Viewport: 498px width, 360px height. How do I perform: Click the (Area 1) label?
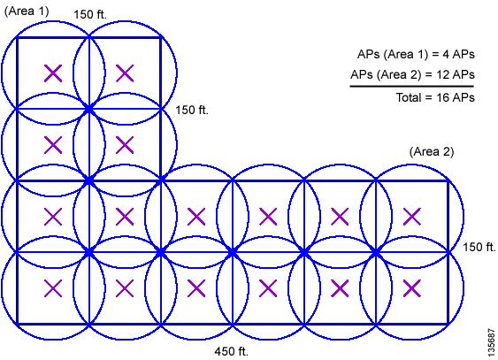27,11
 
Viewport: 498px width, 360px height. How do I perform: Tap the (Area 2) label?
432,152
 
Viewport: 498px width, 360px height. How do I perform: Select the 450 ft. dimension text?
231,351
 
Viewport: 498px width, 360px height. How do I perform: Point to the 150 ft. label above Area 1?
90,14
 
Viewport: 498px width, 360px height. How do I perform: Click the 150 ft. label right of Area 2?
479,247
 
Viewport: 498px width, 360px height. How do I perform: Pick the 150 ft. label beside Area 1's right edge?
192,110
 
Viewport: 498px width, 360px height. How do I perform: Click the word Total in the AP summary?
408,97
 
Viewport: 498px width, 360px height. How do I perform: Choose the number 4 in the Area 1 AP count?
446,54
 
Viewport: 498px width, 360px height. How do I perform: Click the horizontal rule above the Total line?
412,86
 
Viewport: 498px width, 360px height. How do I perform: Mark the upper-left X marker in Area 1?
53,73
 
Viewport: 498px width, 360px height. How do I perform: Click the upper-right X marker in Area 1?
125,73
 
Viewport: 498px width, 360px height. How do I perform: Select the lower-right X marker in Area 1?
125,145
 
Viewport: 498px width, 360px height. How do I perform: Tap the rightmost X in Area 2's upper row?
412,217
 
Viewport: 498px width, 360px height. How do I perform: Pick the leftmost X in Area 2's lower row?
53,288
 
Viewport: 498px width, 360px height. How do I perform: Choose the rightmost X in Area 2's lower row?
412,288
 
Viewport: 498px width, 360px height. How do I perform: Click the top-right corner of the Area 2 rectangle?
448,181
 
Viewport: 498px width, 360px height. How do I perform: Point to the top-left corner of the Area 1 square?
18,38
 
